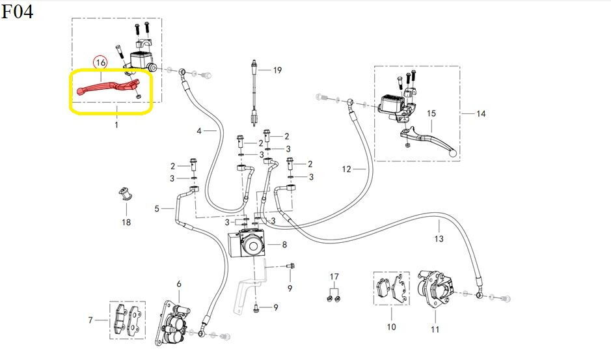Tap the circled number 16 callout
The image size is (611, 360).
[101, 62]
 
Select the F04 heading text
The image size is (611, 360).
[17, 11]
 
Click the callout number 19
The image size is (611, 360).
[277, 70]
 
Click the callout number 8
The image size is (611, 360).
[284, 245]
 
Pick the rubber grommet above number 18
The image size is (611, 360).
[125, 194]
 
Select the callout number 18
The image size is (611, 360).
[126, 223]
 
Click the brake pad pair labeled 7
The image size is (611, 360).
[128, 320]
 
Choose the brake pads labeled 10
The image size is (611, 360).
[392, 288]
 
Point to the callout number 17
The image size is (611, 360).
[334, 277]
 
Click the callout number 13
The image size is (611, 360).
[439, 239]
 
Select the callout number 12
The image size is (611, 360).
[346, 169]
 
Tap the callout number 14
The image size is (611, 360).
[481, 114]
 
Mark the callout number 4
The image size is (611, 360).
[198, 131]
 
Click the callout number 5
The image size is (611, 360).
[157, 209]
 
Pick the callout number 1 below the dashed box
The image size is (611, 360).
[116, 125]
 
